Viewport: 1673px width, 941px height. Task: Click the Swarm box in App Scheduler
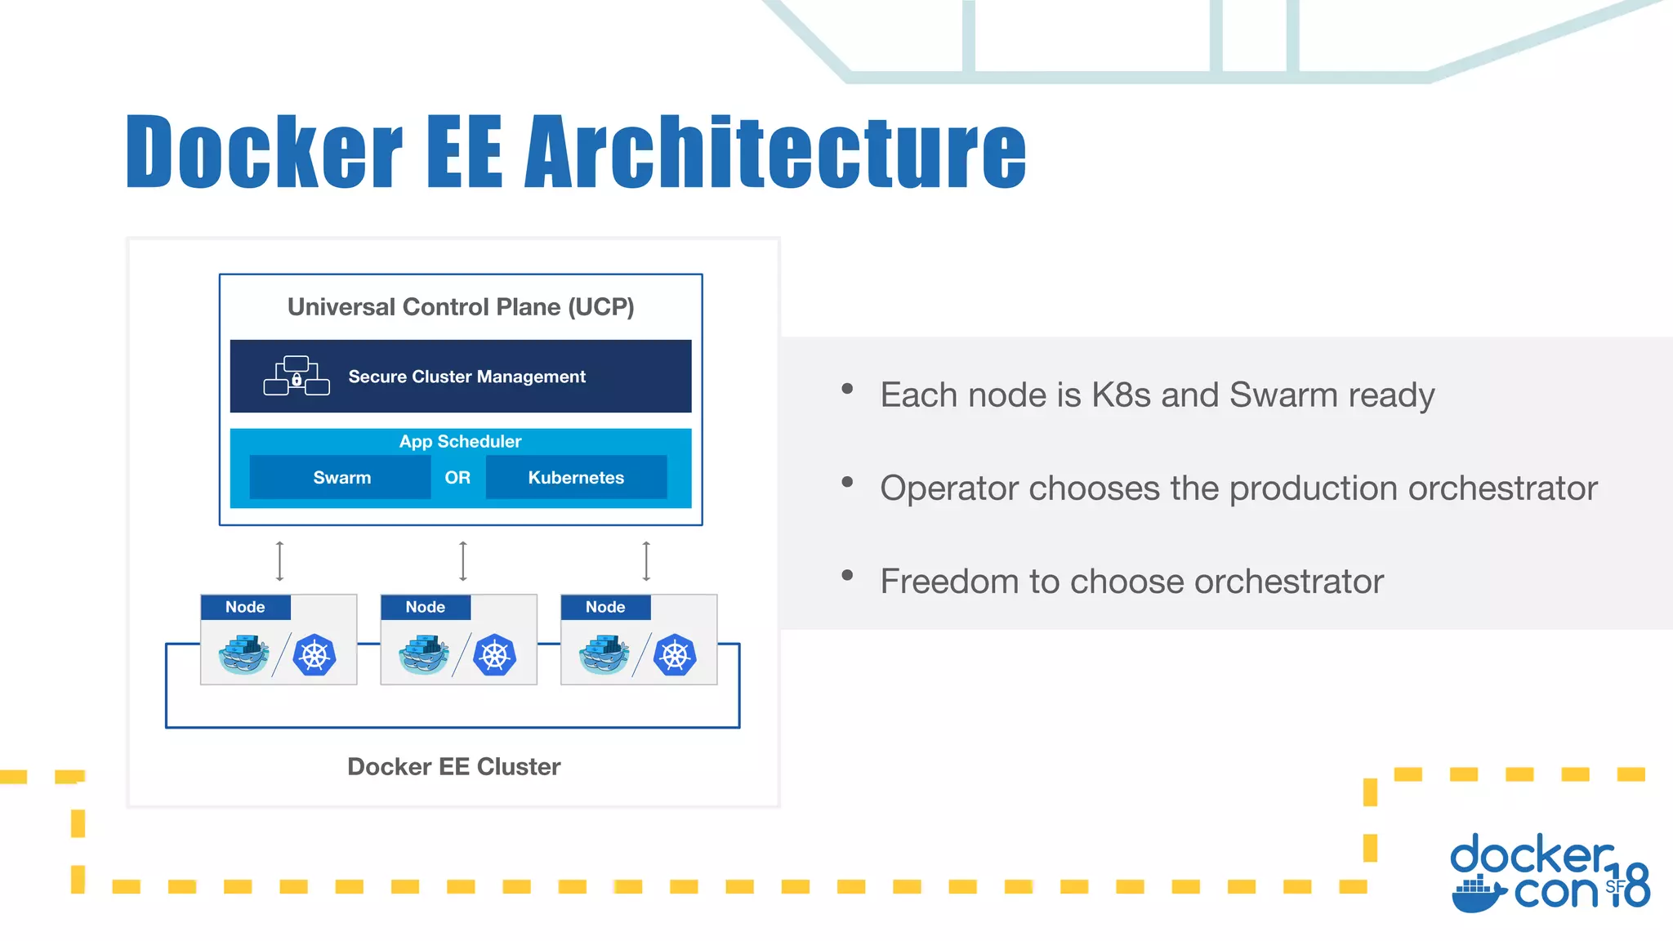(x=341, y=478)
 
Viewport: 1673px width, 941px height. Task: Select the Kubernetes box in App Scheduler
(x=576, y=478)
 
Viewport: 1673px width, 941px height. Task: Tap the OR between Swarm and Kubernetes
(x=457, y=478)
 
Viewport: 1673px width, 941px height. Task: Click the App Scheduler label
(x=460, y=442)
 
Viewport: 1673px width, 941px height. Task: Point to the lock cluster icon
(x=297, y=377)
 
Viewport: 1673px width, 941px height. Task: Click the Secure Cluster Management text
(x=466, y=377)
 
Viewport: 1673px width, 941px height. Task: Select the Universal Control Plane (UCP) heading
(x=461, y=307)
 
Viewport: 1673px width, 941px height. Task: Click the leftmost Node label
(x=245, y=607)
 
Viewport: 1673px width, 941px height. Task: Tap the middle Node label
(x=426, y=607)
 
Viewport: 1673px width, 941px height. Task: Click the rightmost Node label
(x=605, y=607)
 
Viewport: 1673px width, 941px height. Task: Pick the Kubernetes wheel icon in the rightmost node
(x=675, y=655)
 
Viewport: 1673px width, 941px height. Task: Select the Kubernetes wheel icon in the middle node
(x=495, y=655)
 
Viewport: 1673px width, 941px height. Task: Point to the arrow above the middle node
(x=463, y=560)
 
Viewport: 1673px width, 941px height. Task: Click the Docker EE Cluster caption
(x=453, y=767)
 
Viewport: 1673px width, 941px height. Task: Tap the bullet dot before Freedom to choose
(x=847, y=576)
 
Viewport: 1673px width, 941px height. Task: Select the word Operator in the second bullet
(x=948, y=488)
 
